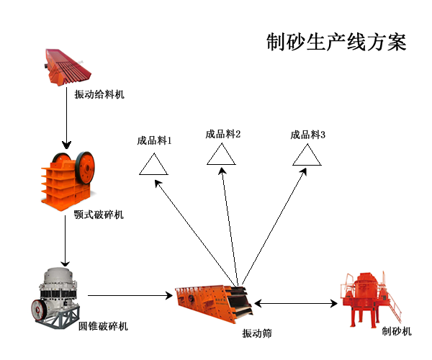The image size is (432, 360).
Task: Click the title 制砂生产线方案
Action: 336,42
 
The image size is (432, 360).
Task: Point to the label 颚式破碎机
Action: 99,215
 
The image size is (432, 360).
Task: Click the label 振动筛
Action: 256,333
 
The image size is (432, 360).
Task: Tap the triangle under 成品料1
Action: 153,165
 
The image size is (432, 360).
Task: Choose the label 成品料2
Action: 222,133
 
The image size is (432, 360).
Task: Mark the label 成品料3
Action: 308,134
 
